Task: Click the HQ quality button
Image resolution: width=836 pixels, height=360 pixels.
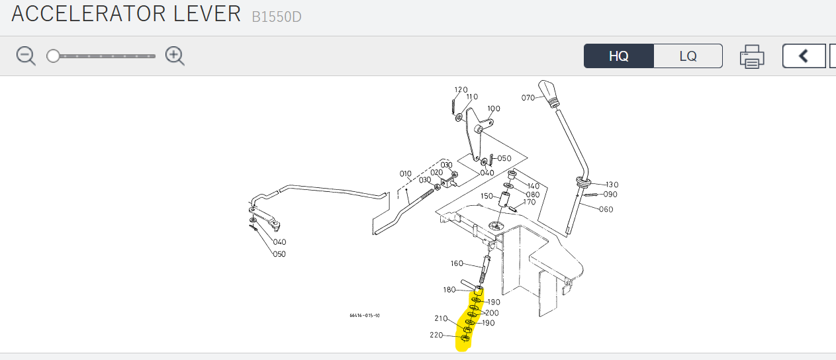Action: [x=618, y=56]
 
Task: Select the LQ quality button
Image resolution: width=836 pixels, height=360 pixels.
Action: [x=688, y=56]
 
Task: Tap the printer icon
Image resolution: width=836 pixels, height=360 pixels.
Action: [x=752, y=56]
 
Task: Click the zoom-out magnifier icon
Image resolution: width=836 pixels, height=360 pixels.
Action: [x=26, y=56]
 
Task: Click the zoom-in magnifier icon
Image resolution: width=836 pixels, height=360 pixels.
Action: [x=175, y=56]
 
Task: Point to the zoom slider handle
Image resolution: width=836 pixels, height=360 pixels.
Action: [x=53, y=56]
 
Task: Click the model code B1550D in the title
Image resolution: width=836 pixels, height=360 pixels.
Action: [x=276, y=17]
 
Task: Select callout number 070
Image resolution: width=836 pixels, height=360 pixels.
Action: [x=528, y=98]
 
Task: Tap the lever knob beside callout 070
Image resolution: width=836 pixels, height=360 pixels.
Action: [x=548, y=91]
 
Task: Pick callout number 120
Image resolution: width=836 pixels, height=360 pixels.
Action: [x=461, y=90]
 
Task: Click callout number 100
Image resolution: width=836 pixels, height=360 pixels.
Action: [x=494, y=109]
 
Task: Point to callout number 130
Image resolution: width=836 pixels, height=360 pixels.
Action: [x=612, y=185]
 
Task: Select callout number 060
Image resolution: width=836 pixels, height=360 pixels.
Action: [x=606, y=210]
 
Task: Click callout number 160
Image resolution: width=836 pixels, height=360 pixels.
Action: [x=457, y=263]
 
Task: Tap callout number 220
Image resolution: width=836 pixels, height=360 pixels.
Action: [x=436, y=335]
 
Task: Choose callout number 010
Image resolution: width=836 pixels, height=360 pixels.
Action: [x=405, y=174]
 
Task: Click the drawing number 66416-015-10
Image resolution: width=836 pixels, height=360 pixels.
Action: [x=365, y=316]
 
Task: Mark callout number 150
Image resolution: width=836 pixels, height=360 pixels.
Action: [x=487, y=196]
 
